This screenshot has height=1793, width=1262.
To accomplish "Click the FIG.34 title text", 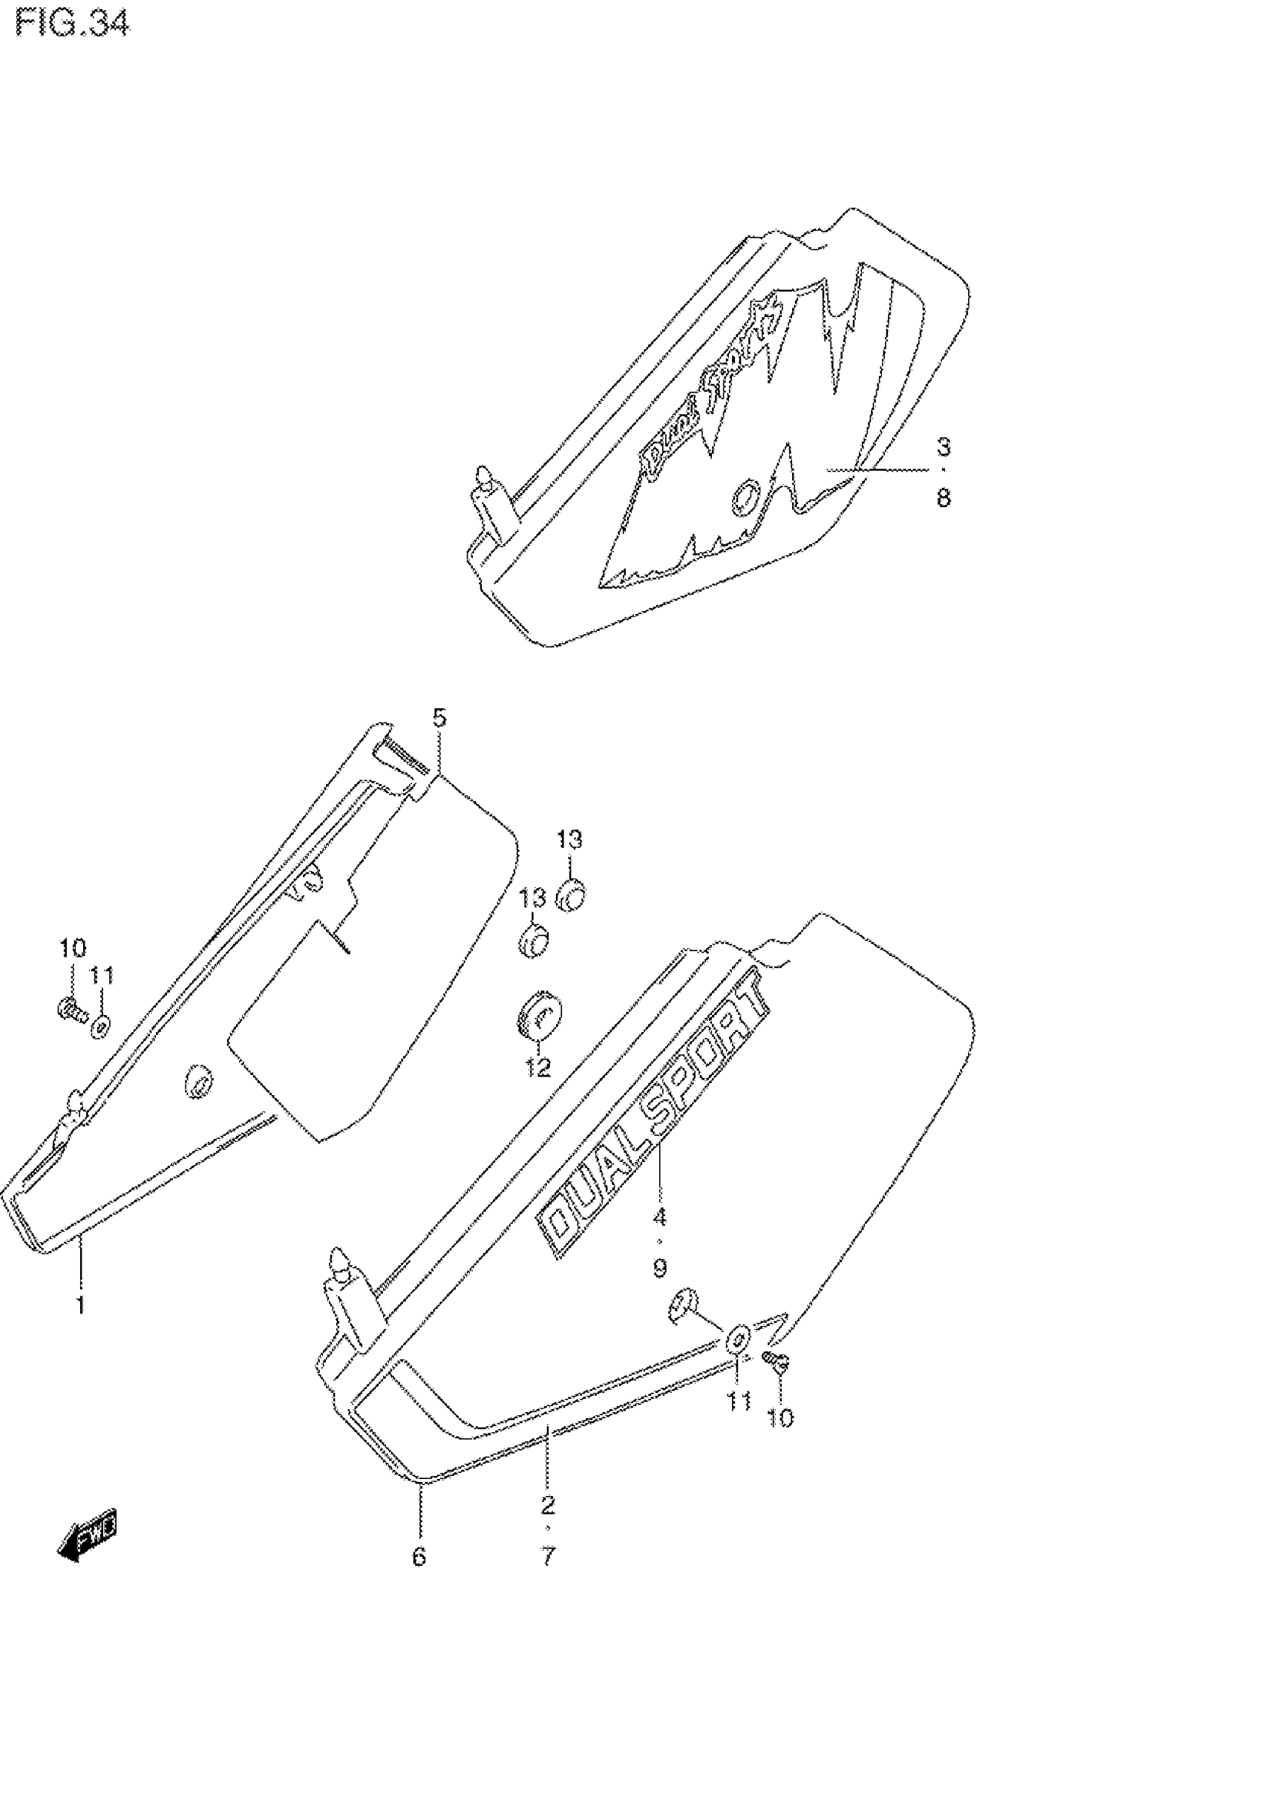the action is [x=72, y=25].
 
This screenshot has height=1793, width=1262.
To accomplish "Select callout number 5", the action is [x=439, y=717].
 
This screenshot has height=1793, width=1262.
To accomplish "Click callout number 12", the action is [x=537, y=1067].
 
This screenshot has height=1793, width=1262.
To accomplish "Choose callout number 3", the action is [x=944, y=448].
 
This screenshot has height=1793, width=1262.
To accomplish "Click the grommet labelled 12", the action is [x=540, y=1016].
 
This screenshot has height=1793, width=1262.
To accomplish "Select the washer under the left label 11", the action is [x=101, y=1026].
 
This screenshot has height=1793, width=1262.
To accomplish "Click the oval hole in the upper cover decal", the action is [x=745, y=496].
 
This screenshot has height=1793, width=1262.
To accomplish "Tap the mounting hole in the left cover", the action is [x=199, y=1084].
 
